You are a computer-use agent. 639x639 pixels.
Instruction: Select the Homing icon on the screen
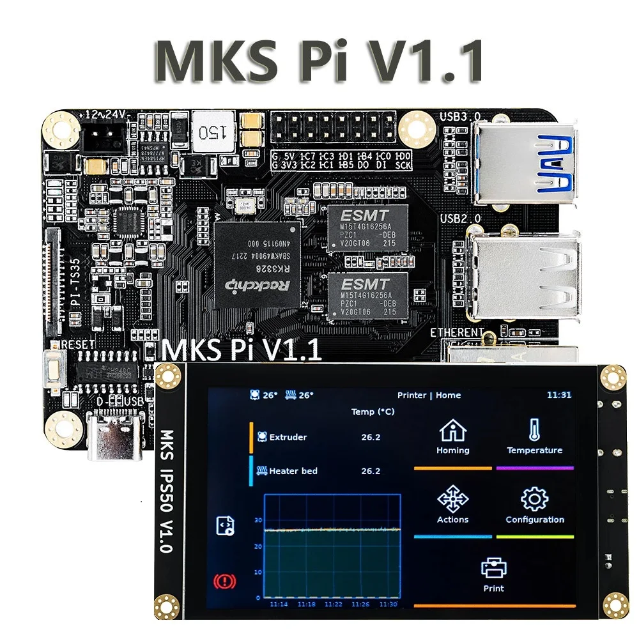tap(452, 431)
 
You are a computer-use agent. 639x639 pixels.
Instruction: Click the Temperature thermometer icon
tap(534, 429)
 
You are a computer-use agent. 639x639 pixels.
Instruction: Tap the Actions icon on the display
tap(452, 498)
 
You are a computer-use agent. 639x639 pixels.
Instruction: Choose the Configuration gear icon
tap(534, 498)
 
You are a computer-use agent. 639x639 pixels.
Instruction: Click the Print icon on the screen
tap(493, 567)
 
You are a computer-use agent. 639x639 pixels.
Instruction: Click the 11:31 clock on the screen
tap(558, 395)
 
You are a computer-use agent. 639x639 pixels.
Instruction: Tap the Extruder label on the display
tap(288, 438)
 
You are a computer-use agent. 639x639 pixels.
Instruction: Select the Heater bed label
tap(293, 471)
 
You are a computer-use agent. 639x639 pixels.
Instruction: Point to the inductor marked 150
tap(214, 132)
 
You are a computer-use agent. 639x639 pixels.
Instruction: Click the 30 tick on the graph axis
tap(258, 520)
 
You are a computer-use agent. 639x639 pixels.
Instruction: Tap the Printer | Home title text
tap(429, 395)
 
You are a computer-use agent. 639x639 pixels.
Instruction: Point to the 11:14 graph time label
tap(279, 604)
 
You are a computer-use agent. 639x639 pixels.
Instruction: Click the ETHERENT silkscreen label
tap(457, 332)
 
